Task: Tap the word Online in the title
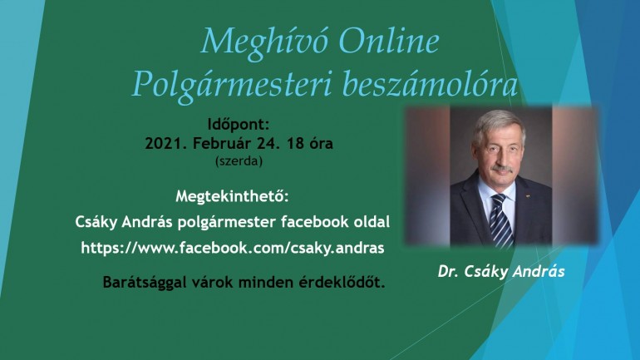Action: [x=389, y=41]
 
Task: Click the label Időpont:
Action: [x=239, y=124]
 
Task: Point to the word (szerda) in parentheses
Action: [x=239, y=161]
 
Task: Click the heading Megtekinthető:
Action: [x=232, y=196]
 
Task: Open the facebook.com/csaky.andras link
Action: [x=233, y=248]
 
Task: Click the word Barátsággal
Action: [x=144, y=283]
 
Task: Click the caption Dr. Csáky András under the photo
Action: [x=501, y=271]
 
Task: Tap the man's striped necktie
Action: [x=502, y=219]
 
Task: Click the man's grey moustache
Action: [x=502, y=169]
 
